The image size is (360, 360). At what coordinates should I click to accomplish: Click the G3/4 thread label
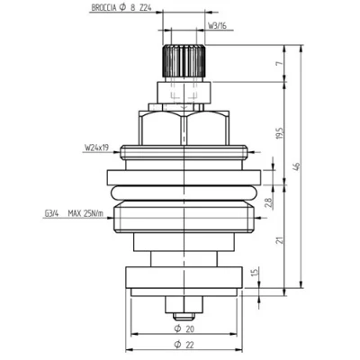pyautogui.click(x=51, y=214)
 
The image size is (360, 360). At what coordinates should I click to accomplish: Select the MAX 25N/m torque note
pyautogui.click(x=91, y=214)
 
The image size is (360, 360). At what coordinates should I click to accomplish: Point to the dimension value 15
pyautogui.click(x=256, y=273)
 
